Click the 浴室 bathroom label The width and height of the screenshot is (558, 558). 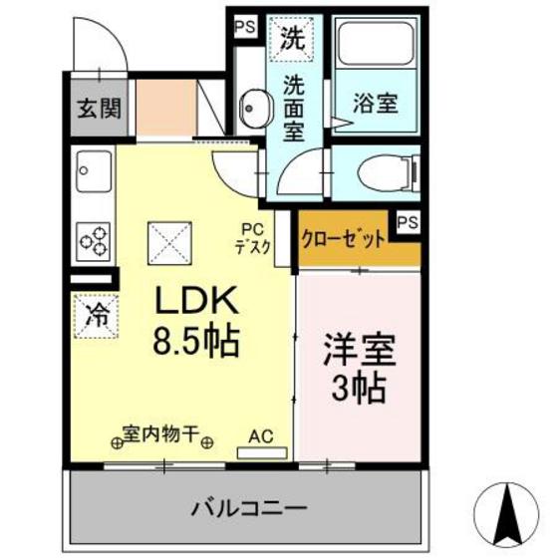pos(376,102)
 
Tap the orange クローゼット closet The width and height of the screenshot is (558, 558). pos(343,240)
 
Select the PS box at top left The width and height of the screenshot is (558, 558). pos(243,27)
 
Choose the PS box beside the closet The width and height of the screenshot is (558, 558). pos(407,223)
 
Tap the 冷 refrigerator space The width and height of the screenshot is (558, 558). pos(98,316)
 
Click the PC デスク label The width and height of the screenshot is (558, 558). pos(252,240)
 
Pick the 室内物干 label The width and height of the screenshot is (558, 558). pos(160,435)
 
